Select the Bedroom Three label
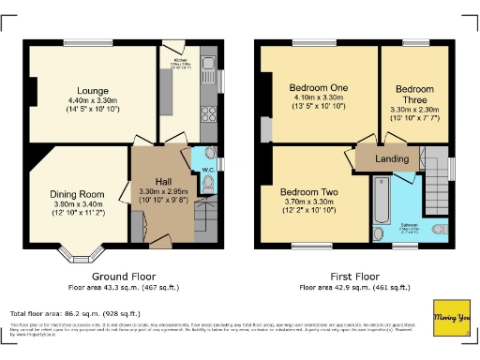pyautogui.click(x=414, y=94)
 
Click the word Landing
pyautogui.click(x=392, y=159)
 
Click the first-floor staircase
pyautogui.click(x=436, y=184)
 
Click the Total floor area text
pyautogui.click(x=75, y=313)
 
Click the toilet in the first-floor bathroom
pyautogui.click(x=438, y=229)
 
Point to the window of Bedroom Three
pyautogui.click(x=415, y=43)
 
